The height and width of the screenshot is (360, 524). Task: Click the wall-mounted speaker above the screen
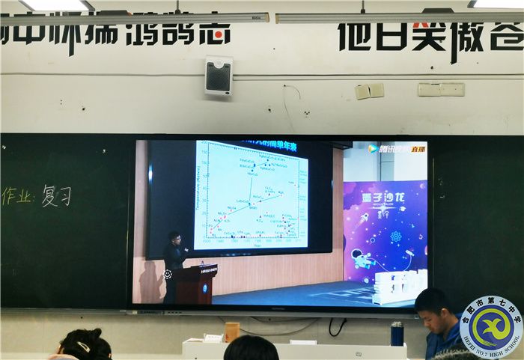[219, 75]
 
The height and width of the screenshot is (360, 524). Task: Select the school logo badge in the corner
[491, 326]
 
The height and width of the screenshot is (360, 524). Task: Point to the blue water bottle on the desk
[397, 333]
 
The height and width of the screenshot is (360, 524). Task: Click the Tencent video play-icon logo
[373, 148]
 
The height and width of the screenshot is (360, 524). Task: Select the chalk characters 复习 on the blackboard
[57, 195]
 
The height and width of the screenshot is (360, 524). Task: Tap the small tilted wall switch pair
[369, 91]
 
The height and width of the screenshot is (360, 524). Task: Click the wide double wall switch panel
[440, 89]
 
